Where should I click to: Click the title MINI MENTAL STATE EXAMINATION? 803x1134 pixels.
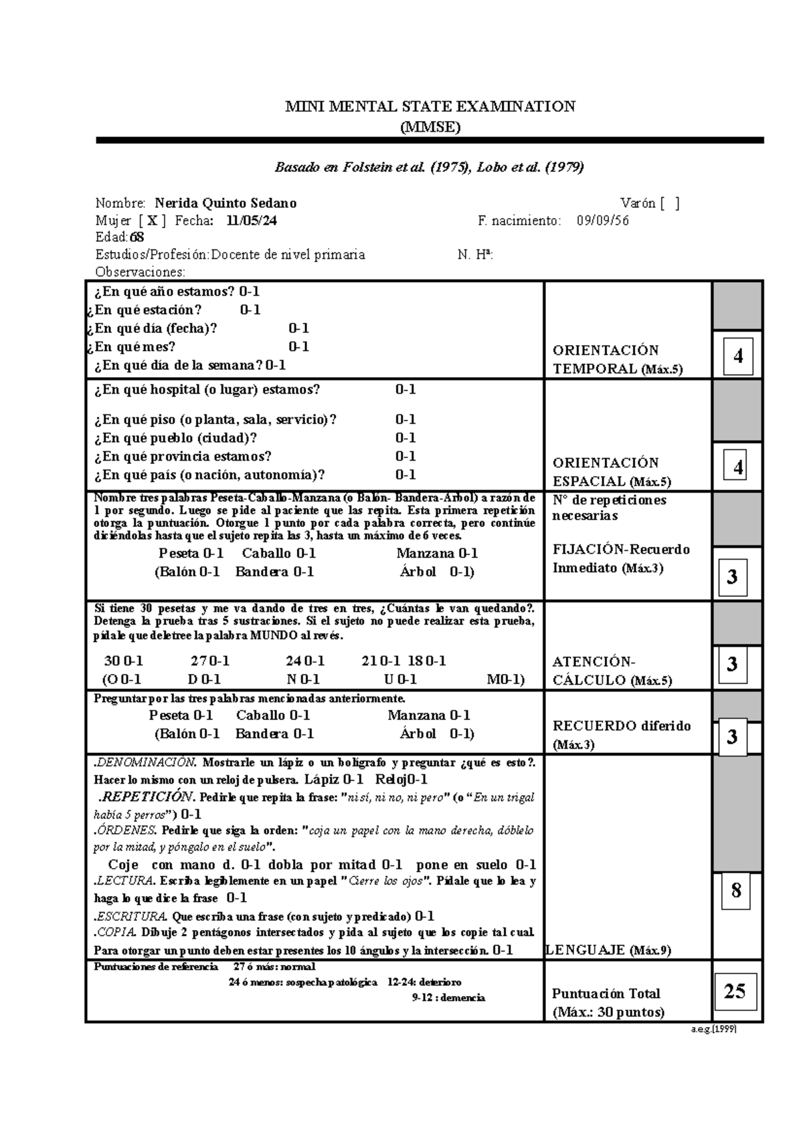(x=430, y=106)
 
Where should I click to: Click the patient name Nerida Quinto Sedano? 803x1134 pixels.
(x=226, y=203)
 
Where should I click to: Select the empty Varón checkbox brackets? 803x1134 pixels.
(x=668, y=203)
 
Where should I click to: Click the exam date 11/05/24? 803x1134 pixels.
(x=252, y=221)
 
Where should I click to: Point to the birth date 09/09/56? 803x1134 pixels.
(x=602, y=221)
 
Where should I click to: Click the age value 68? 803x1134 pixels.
(x=137, y=237)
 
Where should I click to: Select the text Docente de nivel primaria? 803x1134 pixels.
(x=288, y=255)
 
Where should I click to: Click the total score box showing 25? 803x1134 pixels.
(x=734, y=991)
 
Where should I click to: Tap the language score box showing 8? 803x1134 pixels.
(x=736, y=891)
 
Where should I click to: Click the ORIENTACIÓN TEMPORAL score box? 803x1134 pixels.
(x=737, y=356)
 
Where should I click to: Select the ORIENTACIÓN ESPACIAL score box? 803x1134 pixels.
(x=737, y=467)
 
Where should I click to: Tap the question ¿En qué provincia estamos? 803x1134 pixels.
(x=183, y=457)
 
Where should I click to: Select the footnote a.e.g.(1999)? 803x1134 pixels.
(x=713, y=1030)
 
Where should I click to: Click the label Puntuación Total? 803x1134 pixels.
(x=606, y=994)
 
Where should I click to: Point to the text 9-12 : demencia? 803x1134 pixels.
(x=448, y=998)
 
